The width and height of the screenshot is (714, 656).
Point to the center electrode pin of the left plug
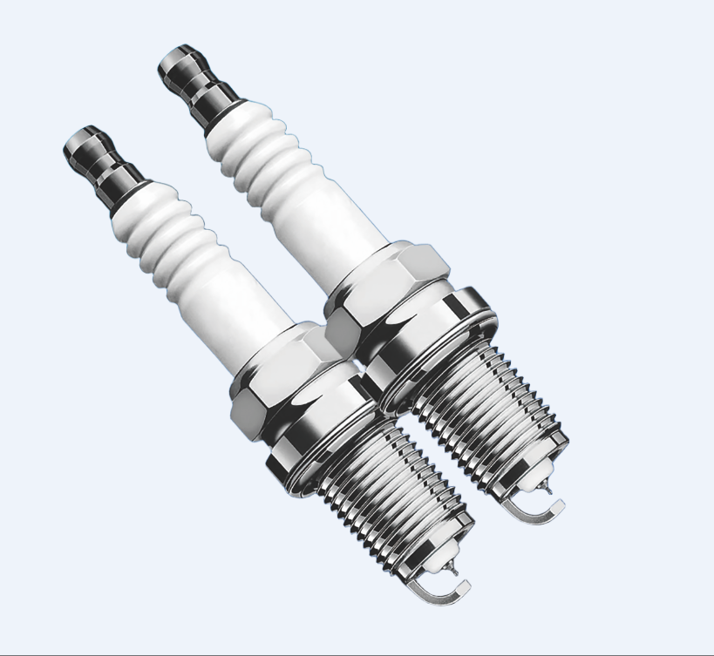coord(452,567)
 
